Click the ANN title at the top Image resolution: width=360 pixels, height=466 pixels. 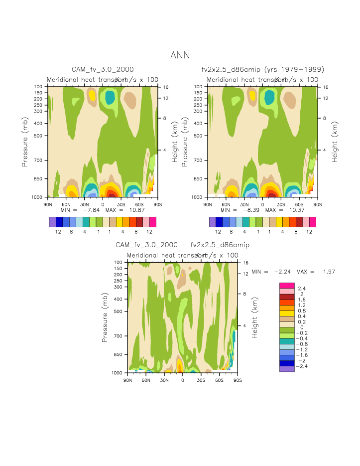pos(180,55)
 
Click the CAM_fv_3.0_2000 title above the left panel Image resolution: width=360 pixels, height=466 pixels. pos(103,69)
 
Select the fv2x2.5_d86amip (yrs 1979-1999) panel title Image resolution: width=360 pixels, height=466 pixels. pos(262,69)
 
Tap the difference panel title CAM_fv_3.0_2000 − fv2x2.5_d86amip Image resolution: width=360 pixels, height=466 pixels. pos(182,245)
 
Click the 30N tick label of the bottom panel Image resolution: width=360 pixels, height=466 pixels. pos(164,380)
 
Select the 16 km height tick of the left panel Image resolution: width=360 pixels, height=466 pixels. pos(166,87)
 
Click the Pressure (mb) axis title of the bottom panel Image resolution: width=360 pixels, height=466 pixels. pos(105,317)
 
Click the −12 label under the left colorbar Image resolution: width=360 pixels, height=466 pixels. pos(56,232)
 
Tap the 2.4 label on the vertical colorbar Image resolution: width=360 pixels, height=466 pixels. pos(302,289)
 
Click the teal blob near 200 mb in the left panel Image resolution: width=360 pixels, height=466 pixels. pos(110,97)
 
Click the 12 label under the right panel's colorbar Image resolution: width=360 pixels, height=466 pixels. pos(309,232)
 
